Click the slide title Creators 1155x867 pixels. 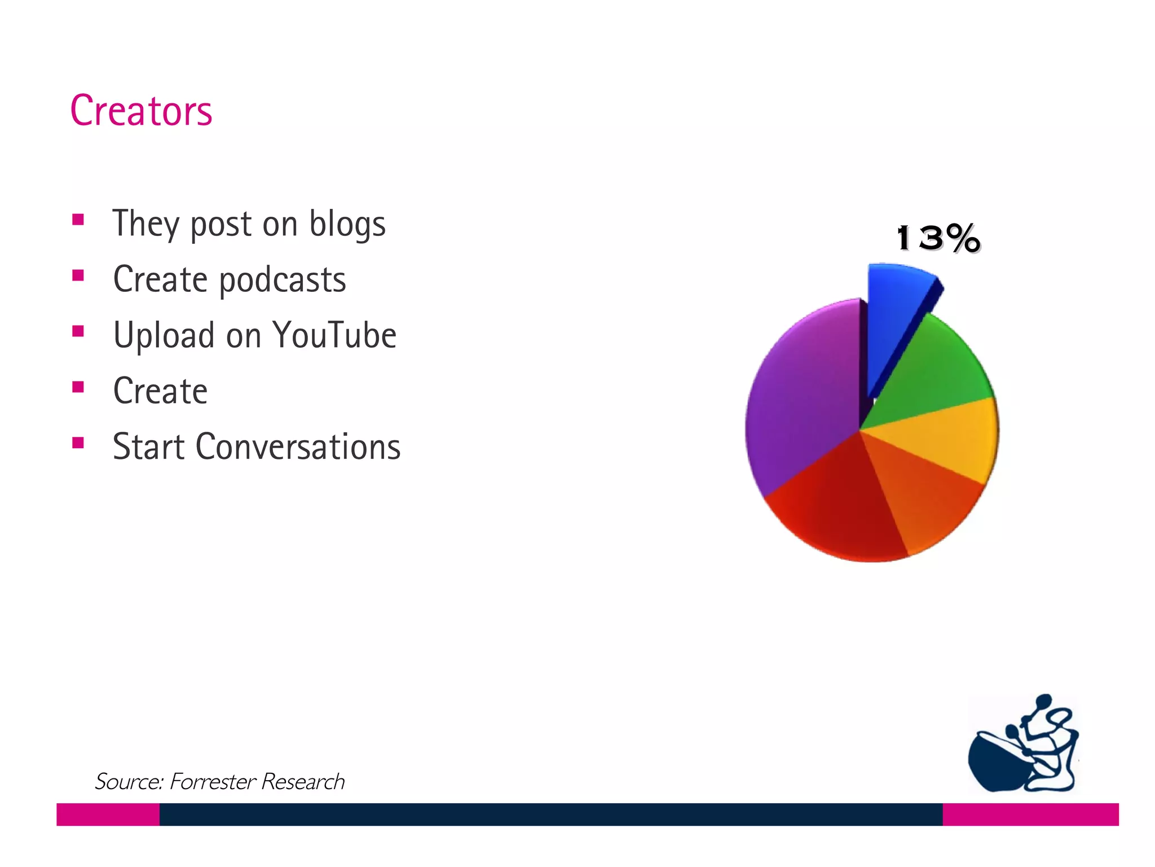click(x=141, y=111)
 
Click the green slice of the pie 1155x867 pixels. click(x=931, y=367)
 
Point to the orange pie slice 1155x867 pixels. click(x=925, y=497)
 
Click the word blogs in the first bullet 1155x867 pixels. click(x=347, y=224)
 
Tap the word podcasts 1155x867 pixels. click(x=283, y=280)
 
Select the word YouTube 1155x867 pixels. click(x=334, y=335)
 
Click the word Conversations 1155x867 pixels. click(x=298, y=447)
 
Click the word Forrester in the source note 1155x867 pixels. click(x=213, y=782)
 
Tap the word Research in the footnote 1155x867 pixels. click(x=303, y=782)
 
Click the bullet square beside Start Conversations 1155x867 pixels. click(x=78, y=443)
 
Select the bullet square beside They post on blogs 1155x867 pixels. click(x=78, y=219)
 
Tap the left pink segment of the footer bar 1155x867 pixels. click(x=108, y=815)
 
